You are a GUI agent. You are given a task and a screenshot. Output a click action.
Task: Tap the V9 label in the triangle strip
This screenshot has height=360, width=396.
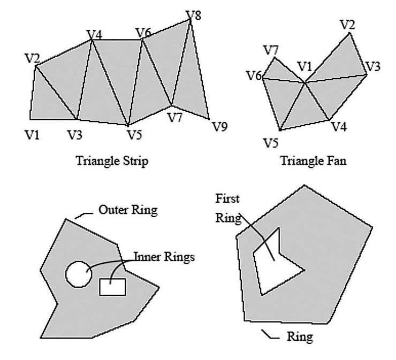(x=220, y=127)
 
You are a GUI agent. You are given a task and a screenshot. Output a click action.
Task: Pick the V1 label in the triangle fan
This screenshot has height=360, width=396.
(x=304, y=66)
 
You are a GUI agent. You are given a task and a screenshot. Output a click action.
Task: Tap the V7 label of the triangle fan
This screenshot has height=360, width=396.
(x=271, y=50)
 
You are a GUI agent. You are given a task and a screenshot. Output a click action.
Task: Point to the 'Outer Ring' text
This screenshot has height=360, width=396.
(x=128, y=210)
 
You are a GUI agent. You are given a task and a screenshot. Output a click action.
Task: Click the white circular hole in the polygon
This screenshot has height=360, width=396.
(x=76, y=273)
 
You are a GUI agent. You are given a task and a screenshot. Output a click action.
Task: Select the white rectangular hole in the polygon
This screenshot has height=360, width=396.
(x=112, y=287)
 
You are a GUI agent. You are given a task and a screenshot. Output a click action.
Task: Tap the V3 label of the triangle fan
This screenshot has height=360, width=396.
(x=372, y=67)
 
